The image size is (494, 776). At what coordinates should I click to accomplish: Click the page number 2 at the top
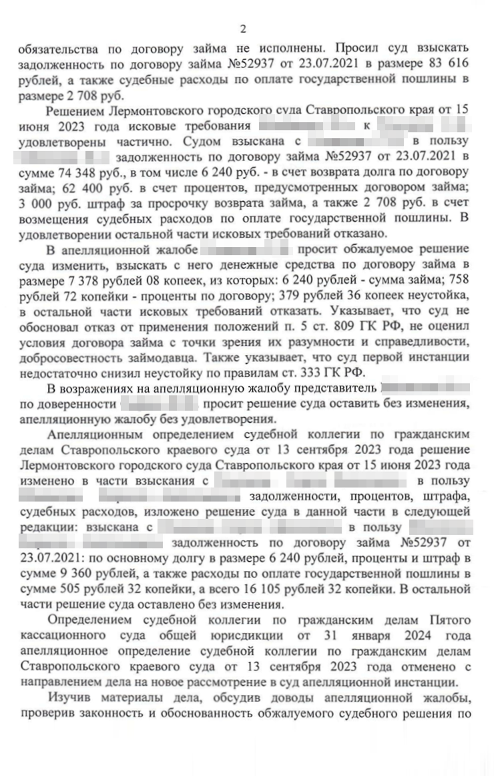click(x=244, y=29)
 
